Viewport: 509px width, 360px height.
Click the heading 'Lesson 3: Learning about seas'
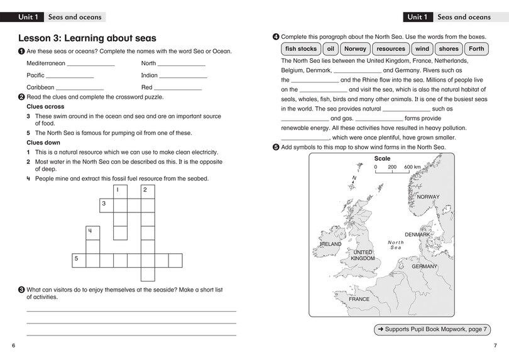87,38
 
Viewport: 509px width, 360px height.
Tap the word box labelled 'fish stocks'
300,49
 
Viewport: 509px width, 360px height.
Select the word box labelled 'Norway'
355,49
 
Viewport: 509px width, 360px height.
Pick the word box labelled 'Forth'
477,49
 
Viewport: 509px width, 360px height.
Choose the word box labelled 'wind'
422,49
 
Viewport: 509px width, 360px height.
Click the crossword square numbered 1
119,190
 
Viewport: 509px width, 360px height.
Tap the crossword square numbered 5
78,260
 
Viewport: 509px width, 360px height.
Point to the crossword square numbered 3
106,205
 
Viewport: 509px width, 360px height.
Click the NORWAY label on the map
429,197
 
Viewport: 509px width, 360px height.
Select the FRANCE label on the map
359,299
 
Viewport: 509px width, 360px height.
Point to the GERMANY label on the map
424,266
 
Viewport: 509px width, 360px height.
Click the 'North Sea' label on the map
395,245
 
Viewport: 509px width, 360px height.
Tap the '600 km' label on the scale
412,167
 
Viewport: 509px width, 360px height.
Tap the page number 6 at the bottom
13,346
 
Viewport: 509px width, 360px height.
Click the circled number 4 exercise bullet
276,36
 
